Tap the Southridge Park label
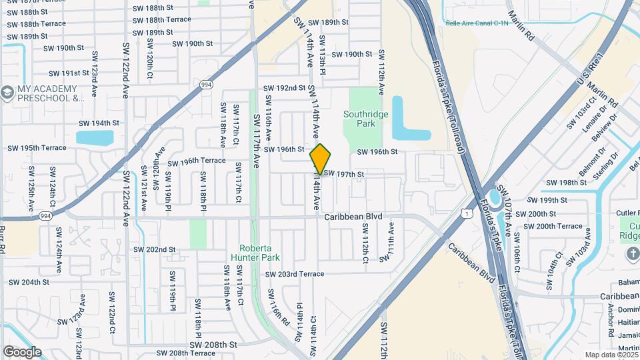365,119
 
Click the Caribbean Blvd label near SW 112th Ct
353,217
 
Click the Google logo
22,352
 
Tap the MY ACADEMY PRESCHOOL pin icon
7,91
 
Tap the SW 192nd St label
284,88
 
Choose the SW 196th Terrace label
197,162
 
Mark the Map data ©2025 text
611,355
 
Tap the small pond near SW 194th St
95,138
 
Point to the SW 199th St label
546,200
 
